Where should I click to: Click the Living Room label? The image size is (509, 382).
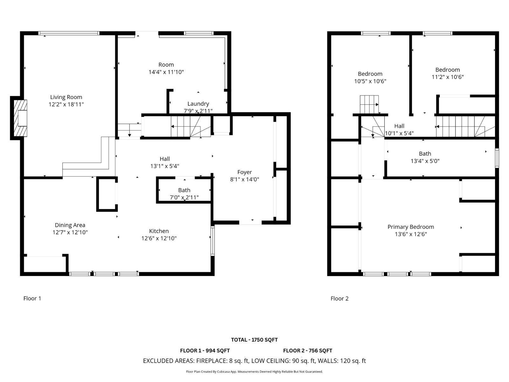tap(66, 97)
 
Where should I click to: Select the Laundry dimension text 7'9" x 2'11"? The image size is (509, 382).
tap(198, 111)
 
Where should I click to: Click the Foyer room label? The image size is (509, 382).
tap(244, 172)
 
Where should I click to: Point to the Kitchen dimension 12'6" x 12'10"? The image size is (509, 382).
tap(159, 238)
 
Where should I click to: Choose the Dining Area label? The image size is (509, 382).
tap(70, 225)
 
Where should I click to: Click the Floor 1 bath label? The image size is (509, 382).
tap(184, 190)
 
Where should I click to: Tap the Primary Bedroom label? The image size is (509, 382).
tap(410, 227)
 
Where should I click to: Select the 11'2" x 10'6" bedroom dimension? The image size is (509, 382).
tap(447, 77)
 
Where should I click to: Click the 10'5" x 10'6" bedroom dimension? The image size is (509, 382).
tap(370, 81)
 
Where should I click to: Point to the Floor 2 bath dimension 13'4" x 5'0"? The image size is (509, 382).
tap(425, 161)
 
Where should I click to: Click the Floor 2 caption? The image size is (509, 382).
tap(339, 298)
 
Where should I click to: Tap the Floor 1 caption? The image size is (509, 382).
tap(32, 298)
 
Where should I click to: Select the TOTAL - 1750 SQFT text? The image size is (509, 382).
tap(254, 340)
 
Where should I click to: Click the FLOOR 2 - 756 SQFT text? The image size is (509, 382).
tap(307, 350)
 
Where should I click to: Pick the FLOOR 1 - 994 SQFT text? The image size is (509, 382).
tap(205, 350)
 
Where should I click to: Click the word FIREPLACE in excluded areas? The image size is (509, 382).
tap(211, 361)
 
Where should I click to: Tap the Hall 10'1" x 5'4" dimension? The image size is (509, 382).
tap(399, 133)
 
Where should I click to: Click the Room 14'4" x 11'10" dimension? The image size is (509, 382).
tap(166, 72)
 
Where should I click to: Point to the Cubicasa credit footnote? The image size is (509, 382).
tap(254, 371)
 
